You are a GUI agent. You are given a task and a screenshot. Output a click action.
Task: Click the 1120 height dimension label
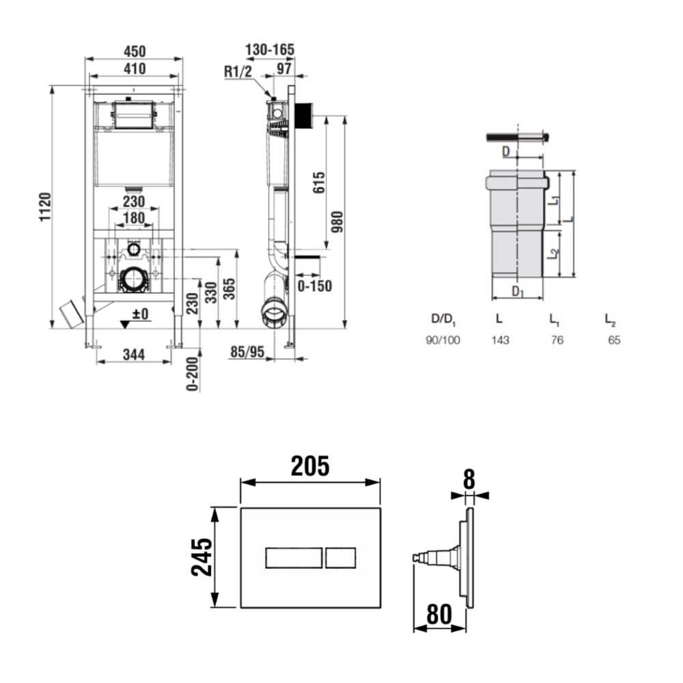(x=45, y=207)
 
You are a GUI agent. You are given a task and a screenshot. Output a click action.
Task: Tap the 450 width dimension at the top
(x=135, y=51)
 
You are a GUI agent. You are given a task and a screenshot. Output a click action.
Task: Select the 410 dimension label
(x=135, y=69)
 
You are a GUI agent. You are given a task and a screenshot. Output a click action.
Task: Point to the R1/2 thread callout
(x=238, y=72)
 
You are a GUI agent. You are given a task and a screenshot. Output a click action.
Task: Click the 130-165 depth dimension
(x=270, y=50)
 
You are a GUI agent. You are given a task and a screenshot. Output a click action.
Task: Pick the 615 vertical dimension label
(x=319, y=182)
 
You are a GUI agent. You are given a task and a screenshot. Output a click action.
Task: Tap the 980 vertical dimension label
(x=337, y=222)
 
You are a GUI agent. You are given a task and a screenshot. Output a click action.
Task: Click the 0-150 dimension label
(x=314, y=286)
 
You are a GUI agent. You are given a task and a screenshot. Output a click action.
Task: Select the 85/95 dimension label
(x=247, y=352)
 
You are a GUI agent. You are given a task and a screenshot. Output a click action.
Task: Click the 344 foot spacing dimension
(x=134, y=354)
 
